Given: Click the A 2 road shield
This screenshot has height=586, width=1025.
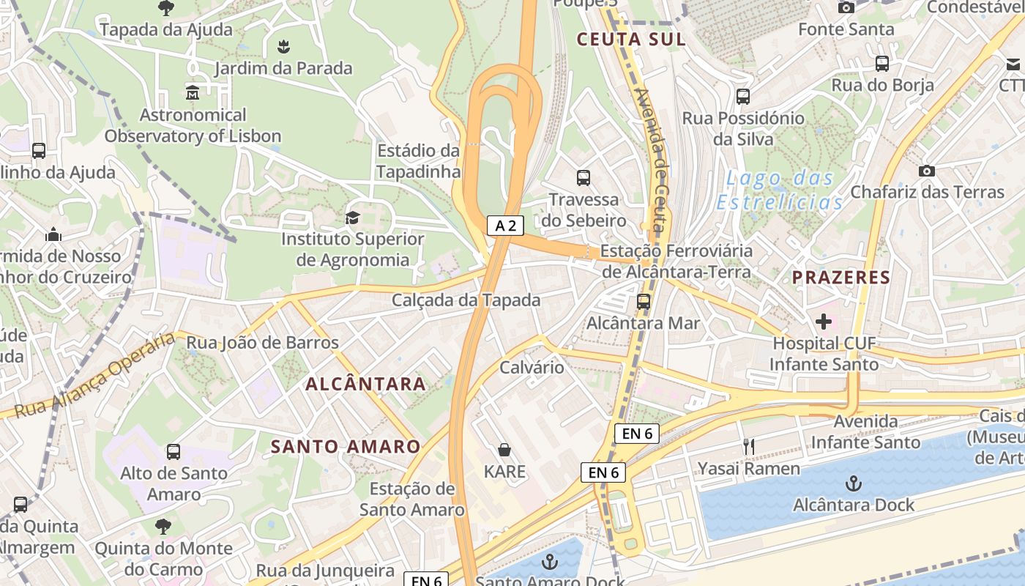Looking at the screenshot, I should coord(505,226).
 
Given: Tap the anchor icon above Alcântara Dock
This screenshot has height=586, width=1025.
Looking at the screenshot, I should coord(853,483).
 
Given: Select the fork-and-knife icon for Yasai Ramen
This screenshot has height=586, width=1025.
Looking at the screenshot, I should coord(748,446).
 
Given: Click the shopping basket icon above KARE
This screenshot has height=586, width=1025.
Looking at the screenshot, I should coord(504,449).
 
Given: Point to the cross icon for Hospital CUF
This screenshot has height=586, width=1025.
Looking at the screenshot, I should coord(824,321).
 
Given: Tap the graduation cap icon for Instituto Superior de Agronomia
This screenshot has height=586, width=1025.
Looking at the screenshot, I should coord(353,218).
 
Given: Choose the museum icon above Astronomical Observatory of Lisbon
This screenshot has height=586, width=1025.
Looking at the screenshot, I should coord(193,93).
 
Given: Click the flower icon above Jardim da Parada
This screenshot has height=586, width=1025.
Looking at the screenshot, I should coord(283,47).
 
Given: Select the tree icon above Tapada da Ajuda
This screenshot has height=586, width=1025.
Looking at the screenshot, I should coord(166,8).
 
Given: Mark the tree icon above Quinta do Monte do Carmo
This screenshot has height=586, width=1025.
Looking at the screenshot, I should coord(163,526).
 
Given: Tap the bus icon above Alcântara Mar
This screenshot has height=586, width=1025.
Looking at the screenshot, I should coord(644,301).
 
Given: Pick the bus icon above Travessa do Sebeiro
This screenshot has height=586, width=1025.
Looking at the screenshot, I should coord(584,177).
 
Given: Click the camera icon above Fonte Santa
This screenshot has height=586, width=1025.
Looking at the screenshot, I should coord(846,7).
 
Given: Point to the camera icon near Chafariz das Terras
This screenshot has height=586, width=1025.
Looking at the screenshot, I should coord(927,171).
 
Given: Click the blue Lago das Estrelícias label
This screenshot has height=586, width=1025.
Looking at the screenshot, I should coord(779,190).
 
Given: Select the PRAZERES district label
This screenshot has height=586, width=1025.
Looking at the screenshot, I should coord(841,278).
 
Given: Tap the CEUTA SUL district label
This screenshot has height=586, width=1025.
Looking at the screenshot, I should coord(631,40).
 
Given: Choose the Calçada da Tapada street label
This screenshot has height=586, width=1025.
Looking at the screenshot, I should coord(466,300).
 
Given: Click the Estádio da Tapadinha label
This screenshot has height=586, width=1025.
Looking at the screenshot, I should coord(418,161).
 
